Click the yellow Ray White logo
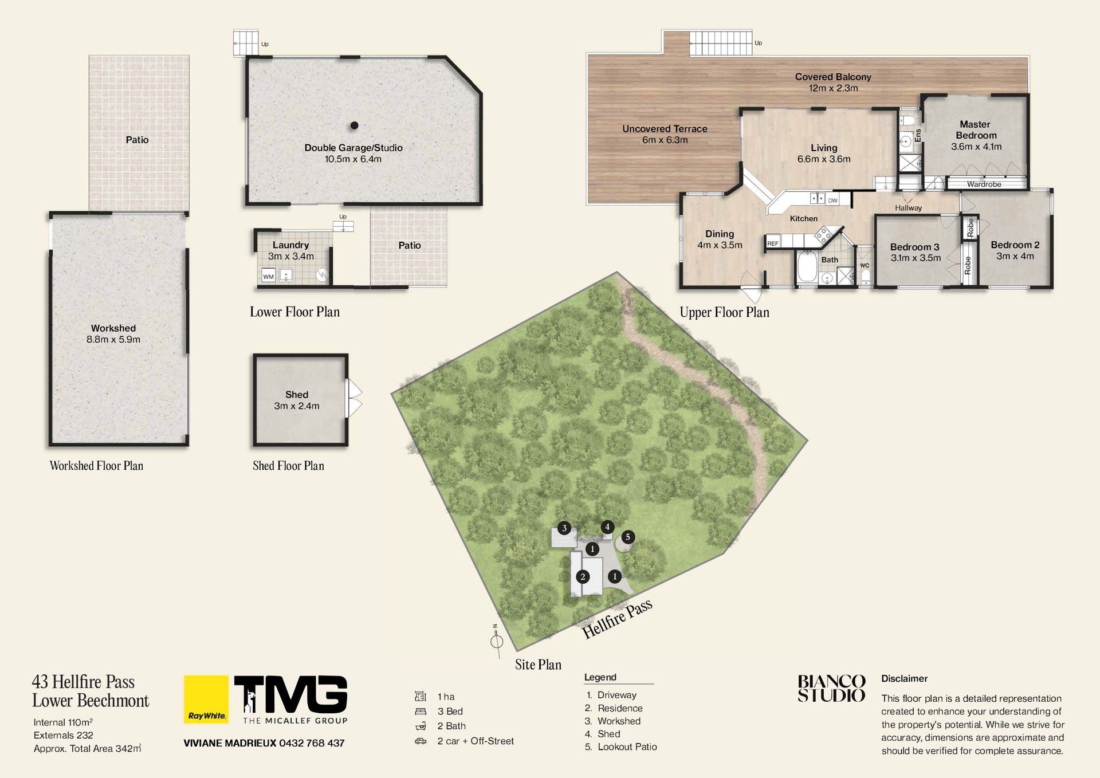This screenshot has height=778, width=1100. (x=206, y=700)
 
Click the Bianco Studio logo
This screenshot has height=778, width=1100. (x=831, y=689)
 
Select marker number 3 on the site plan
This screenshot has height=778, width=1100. (x=564, y=528)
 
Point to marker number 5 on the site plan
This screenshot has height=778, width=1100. (x=628, y=537)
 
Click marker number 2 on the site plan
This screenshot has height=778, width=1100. (x=583, y=577)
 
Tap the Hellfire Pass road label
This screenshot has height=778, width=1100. (x=618, y=620)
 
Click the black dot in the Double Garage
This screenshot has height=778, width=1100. (x=355, y=125)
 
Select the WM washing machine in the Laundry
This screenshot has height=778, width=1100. (x=269, y=276)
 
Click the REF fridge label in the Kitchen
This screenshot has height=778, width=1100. (x=773, y=243)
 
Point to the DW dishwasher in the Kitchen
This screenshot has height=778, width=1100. (x=832, y=200)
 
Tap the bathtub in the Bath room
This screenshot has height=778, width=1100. (x=807, y=266)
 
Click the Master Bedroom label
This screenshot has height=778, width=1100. (x=976, y=130)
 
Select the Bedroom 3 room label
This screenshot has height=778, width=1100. (x=915, y=247)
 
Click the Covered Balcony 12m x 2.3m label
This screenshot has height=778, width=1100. (x=833, y=82)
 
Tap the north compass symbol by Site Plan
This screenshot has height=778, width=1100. (x=497, y=641)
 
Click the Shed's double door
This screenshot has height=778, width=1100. (x=355, y=399)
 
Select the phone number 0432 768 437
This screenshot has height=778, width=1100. (x=312, y=743)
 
